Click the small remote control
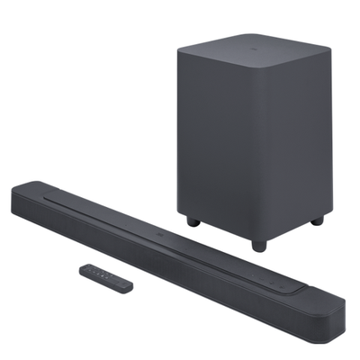[x=105, y=275]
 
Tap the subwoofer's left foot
[x=192, y=220]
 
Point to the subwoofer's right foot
[x=316, y=220]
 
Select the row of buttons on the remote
[x=101, y=274]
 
